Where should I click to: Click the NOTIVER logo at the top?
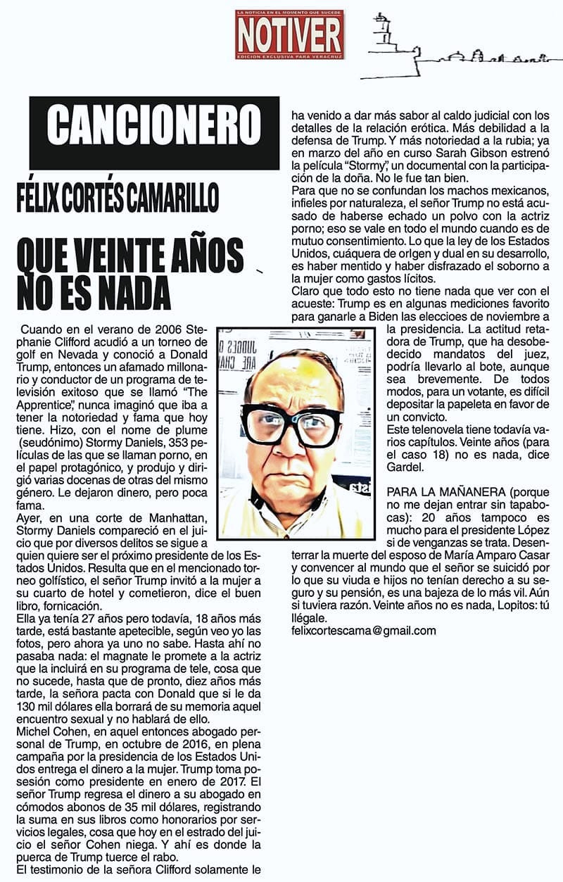[290, 34]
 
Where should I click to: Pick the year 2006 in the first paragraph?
[164, 329]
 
